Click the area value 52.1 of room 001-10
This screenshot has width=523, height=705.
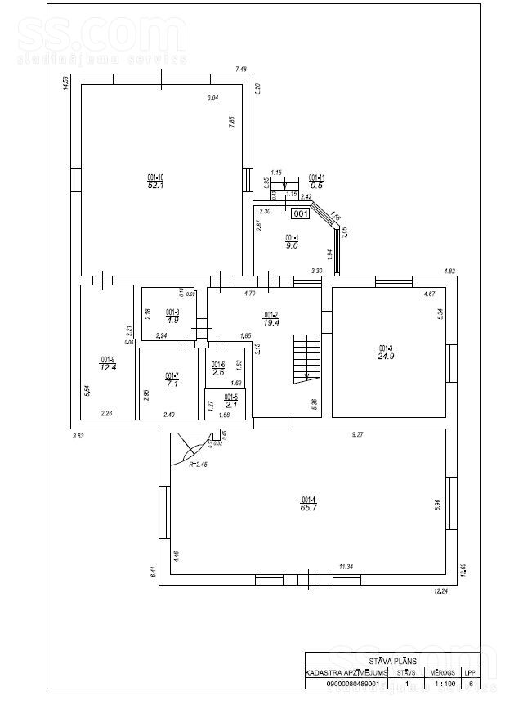point(155,186)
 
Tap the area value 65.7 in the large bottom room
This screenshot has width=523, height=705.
point(308,508)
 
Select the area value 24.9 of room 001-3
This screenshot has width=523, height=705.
point(387,356)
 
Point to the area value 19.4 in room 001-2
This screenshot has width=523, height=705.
point(271,323)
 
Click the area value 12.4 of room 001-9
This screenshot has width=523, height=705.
point(108,367)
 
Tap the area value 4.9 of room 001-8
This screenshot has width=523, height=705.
point(172,321)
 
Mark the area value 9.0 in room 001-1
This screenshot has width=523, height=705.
point(292,245)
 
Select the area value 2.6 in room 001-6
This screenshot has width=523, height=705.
point(217,372)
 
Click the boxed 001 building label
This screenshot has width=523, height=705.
point(300,214)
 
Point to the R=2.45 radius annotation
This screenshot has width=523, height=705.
point(199,465)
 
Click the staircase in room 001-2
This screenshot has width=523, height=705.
point(306,357)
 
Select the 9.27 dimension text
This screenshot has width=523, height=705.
point(357,435)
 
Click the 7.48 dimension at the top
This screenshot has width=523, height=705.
point(241,70)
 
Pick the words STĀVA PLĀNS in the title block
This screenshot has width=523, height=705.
point(392,658)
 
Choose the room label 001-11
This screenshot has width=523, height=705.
point(316,177)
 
